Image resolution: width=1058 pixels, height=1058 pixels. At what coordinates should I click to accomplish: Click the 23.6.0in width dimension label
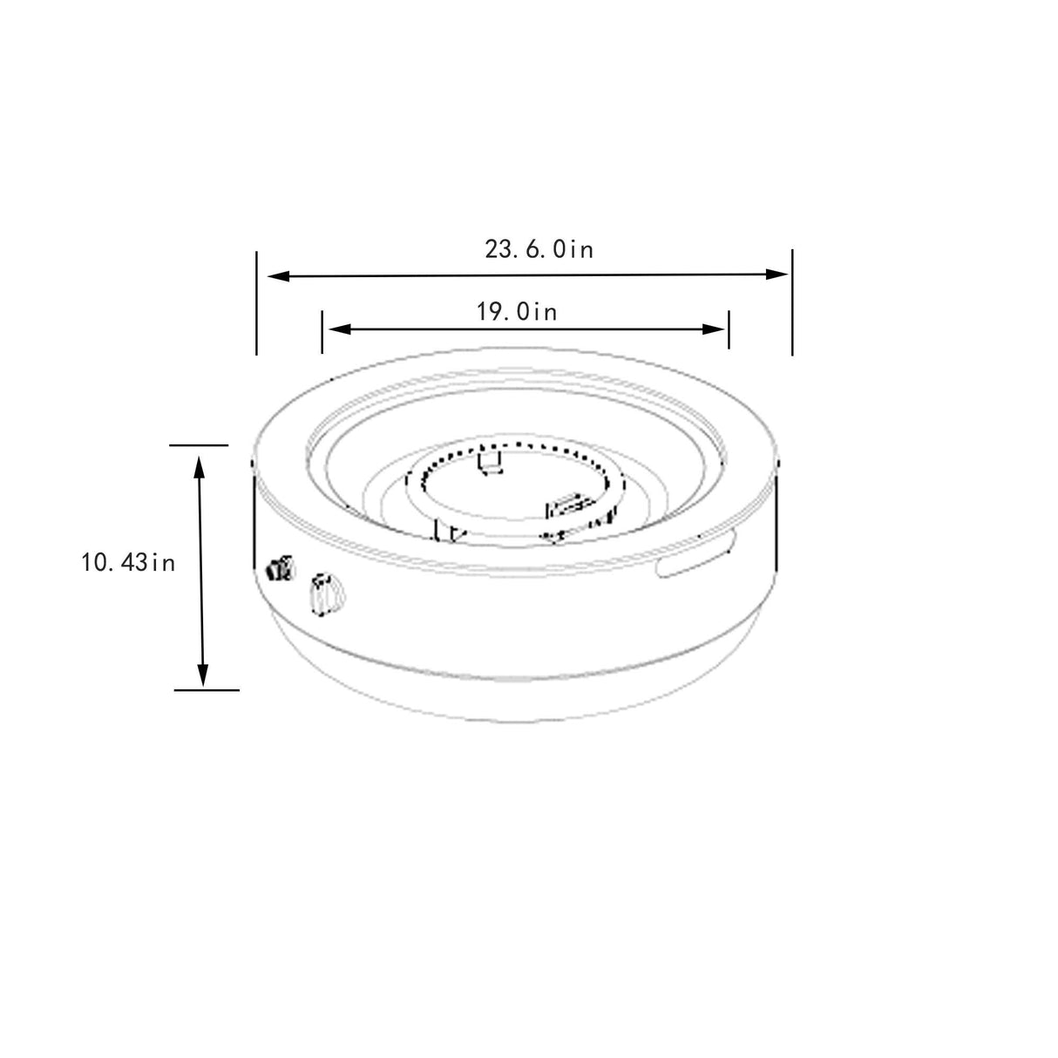tap(539, 250)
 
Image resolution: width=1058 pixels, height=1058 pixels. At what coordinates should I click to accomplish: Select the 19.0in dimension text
tap(517, 311)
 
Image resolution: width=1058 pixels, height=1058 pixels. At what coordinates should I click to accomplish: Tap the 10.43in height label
tap(129, 563)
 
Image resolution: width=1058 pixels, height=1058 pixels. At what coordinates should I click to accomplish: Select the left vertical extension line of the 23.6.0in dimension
tap(256, 303)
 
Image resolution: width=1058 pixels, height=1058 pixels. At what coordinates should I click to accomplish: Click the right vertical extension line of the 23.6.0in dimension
tap(792, 302)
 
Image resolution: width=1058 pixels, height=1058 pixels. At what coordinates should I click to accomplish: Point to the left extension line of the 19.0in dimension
tap(322, 331)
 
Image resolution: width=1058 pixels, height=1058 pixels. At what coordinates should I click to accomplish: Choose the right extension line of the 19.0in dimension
tap(729, 329)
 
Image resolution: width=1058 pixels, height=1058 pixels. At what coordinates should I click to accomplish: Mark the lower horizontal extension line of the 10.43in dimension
tap(207, 689)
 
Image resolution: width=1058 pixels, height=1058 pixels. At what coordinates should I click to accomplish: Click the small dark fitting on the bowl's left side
tap(279, 570)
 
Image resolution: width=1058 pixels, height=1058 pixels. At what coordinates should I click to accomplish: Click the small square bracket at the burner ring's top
tap(492, 462)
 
